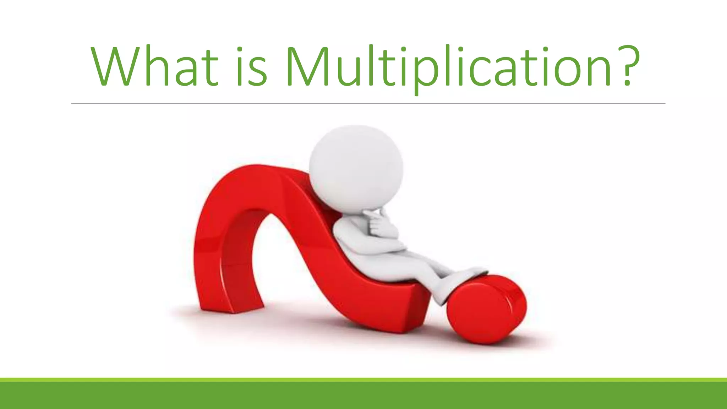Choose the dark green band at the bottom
point(363,396)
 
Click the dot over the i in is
point(240,49)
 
